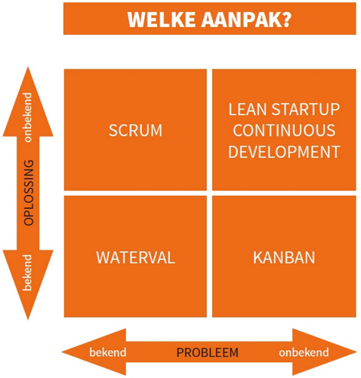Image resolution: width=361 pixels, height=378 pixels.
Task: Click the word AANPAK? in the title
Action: (242, 20)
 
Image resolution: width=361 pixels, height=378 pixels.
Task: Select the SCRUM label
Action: (135, 130)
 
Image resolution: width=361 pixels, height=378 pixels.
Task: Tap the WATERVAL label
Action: (135, 257)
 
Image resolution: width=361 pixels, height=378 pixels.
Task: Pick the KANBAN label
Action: (284, 257)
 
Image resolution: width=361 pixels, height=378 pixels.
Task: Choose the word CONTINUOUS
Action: (284, 130)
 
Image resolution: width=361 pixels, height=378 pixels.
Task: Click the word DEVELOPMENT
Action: (284, 151)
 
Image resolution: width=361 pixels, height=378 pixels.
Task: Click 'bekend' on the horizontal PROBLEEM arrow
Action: (107, 352)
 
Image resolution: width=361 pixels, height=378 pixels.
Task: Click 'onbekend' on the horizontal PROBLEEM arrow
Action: (304, 352)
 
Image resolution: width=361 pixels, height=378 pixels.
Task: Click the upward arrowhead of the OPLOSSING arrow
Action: (28, 79)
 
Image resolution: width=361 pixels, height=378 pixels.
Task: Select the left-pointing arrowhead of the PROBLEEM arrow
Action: (76, 352)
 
